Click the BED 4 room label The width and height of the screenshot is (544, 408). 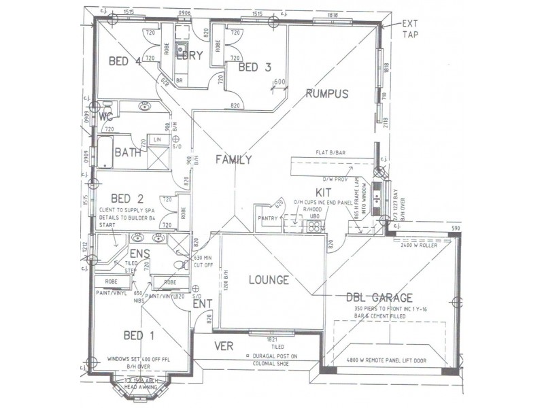click(x=124, y=61)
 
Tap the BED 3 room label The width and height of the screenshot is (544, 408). click(x=255, y=67)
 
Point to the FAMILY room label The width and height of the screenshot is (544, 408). click(x=233, y=160)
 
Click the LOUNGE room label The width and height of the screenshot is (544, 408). click(x=269, y=279)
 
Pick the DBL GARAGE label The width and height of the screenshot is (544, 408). click(x=380, y=297)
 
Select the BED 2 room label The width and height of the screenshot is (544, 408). click(x=126, y=199)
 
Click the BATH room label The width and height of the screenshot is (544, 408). click(x=127, y=152)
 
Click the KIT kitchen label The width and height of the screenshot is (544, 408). click(x=323, y=193)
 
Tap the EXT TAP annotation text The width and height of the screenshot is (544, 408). click(x=411, y=28)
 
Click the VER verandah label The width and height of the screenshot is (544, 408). click(x=224, y=345)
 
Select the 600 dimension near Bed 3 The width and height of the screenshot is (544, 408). click(x=279, y=82)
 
